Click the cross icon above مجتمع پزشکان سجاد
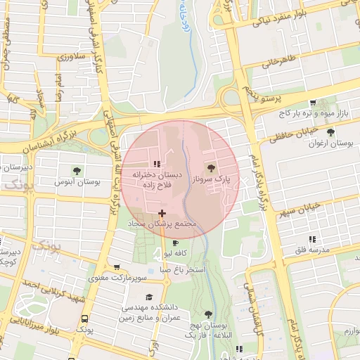tap(162, 212)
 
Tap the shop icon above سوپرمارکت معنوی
tap(117, 267)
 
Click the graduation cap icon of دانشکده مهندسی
tap(148, 297)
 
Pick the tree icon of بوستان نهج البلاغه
tap(208, 314)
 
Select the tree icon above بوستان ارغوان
tap(330, 131)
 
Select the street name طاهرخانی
tap(276, 63)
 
